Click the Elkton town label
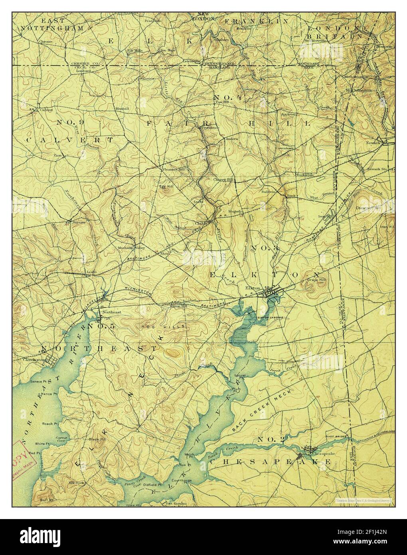[x=254, y=288]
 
